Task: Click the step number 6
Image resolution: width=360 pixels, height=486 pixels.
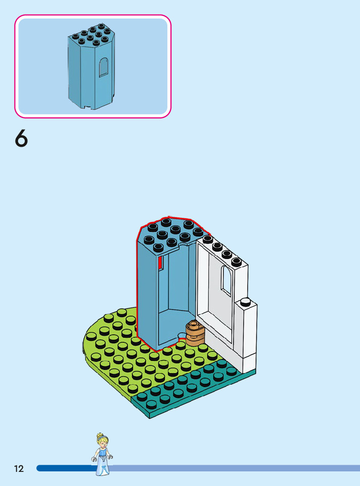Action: [x=21, y=139]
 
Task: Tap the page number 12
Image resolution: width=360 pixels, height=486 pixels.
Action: [x=19, y=469]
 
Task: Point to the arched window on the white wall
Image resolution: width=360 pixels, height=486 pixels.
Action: [x=226, y=280]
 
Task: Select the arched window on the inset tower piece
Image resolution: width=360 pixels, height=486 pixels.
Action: [x=103, y=67]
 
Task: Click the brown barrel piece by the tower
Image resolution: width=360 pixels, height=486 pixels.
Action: [x=195, y=333]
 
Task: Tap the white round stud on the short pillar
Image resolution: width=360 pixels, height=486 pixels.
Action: [x=246, y=302]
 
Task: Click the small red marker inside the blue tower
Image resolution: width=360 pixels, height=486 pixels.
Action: [x=160, y=262]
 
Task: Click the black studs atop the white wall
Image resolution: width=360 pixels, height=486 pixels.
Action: [x=222, y=250]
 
